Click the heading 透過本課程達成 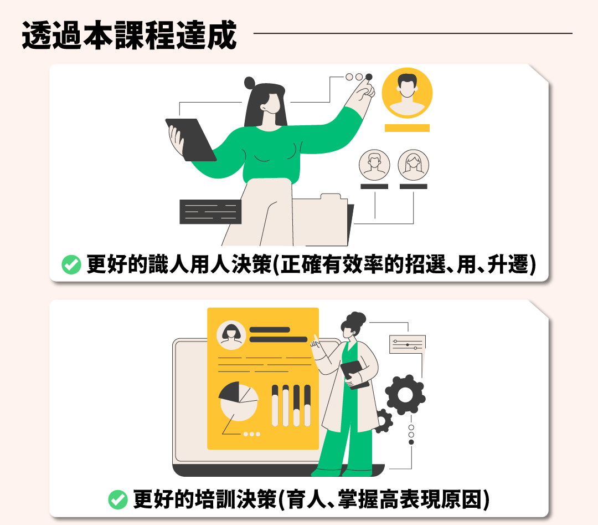tap(129, 35)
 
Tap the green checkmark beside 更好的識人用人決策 tap(71, 264)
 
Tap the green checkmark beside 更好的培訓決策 tap(118, 499)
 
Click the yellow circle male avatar tap(408, 93)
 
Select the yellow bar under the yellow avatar tap(408, 128)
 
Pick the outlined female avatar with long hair tap(414, 165)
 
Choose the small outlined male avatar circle tap(374, 165)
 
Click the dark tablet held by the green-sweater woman tap(190, 139)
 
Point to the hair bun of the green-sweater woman tap(250, 83)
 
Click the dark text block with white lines tap(210, 212)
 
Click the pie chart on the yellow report tap(239, 401)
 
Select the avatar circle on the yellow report tap(231, 335)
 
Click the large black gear tap(405, 395)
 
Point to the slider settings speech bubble tap(408, 344)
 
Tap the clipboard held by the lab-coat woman tap(355, 374)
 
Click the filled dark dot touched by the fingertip tap(369, 77)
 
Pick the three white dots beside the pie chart tap(252, 434)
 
